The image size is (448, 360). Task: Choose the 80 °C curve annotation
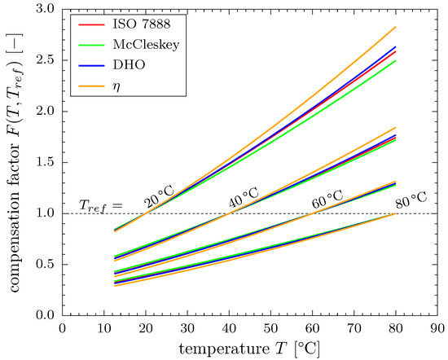410,198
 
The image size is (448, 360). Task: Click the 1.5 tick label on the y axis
47,162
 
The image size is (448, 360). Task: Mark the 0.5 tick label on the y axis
47,264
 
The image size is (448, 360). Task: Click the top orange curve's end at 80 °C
394,28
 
